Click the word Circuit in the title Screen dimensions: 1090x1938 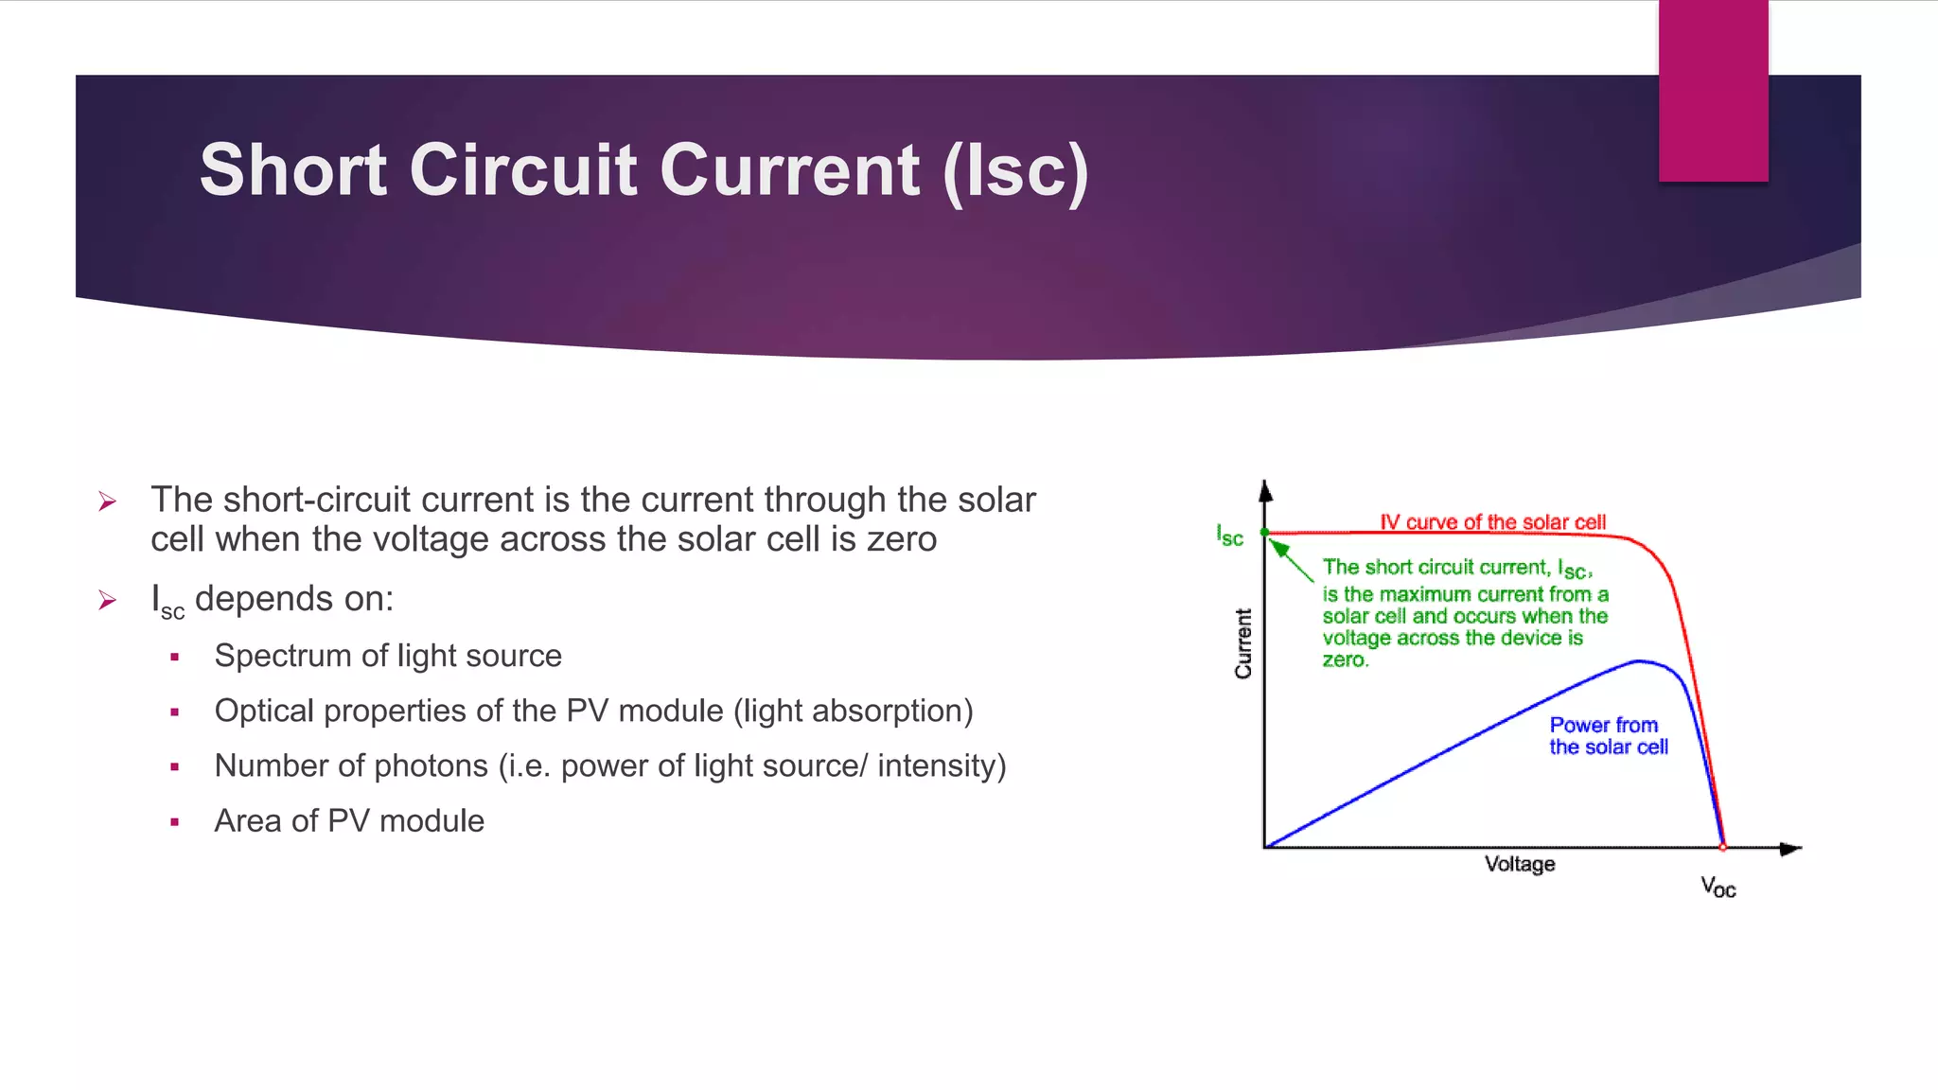522,171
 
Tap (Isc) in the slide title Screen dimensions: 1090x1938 1015,171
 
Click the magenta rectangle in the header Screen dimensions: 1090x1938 1713,91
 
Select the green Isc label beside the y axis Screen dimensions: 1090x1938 1229,536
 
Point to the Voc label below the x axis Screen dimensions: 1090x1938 1718,888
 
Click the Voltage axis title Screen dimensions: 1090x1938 1519,864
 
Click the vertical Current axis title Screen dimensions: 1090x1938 1242,643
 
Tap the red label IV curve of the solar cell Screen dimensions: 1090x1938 1492,522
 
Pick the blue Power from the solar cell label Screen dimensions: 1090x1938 1608,736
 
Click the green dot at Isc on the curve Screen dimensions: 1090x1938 1265,533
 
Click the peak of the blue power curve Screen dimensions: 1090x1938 1639,661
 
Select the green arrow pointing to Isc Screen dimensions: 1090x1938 1289,559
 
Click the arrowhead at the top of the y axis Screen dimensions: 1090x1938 1265,490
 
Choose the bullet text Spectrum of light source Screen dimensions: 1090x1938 388,656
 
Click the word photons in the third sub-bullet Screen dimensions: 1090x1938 431,765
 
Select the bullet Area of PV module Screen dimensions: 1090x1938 349,820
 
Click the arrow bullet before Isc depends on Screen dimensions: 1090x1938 107,600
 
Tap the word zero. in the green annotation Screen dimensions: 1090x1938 1345,659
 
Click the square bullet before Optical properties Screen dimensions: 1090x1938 175,712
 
